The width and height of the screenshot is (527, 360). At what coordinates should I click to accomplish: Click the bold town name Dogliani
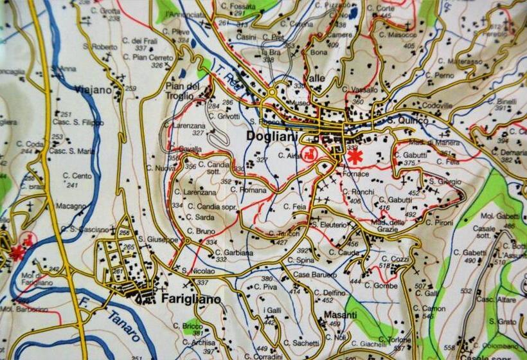pos(272,136)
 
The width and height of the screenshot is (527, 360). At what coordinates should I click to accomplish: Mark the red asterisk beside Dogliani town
pos(354,157)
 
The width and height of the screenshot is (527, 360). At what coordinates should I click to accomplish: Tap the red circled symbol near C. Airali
pos(310,154)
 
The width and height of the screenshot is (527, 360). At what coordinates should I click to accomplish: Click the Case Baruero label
pos(315,274)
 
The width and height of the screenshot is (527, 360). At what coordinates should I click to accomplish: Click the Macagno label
pos(71,206)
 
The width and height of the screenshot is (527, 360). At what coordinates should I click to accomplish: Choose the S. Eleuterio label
pos(332,224)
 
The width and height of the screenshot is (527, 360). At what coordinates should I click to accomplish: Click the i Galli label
pos(273,311)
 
